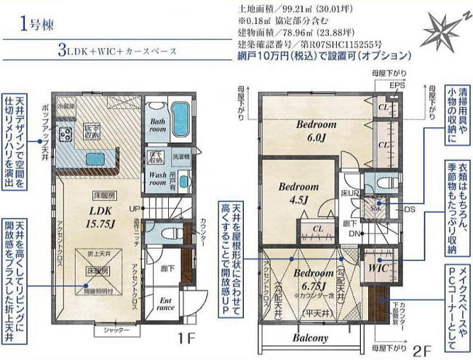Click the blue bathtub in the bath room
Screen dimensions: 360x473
[x=182, y=116]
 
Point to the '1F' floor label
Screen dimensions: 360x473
[x=184, y=338]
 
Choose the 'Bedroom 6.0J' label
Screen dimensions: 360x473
[x=316, y=130]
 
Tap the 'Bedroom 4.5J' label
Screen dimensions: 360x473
[x=299, y=191]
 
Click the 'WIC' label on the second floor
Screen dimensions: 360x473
[x=378, y=268]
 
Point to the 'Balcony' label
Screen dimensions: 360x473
[x=311, y=338]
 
